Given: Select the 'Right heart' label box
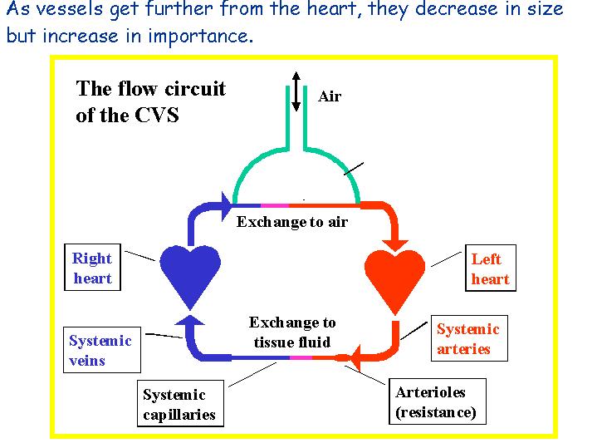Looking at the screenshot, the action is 92,268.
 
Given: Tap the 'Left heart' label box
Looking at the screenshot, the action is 491,268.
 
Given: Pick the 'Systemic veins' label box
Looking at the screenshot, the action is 102,350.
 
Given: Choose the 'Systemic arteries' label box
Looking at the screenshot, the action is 469,338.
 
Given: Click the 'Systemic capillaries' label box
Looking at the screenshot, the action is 180,403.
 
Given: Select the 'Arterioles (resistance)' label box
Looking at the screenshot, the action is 438,401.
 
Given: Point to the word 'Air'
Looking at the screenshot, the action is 330,96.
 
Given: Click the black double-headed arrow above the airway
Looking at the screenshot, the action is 296,91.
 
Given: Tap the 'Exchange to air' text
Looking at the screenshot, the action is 292,222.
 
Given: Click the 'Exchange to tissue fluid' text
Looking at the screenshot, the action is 292,332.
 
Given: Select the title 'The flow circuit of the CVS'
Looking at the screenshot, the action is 151,101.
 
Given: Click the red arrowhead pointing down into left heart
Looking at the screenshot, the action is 395,245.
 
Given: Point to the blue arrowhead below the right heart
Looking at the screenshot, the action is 189,319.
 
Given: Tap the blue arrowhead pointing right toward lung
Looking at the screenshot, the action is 226,206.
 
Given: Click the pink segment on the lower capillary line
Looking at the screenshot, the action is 301,357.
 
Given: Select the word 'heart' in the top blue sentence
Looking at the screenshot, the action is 335,9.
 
